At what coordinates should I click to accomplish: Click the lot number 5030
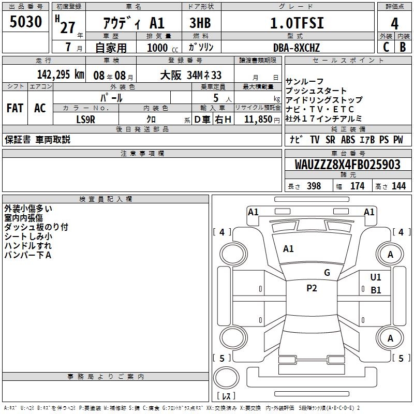click(x=26, y=22)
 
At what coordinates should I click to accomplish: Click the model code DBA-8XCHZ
click(x=297, y=48)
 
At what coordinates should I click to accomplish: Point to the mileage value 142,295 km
click(x=60, y=75)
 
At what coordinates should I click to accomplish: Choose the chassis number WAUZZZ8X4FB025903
click(x=348, y=165)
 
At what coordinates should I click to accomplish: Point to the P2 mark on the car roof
click(x=312, y=288)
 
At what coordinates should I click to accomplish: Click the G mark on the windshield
click(x=327, y=273)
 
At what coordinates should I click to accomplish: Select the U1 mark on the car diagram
click(x=376, y=277)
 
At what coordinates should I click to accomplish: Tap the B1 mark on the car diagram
click(x=376, y=290)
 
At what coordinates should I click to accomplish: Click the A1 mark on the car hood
click(x=288, y=249)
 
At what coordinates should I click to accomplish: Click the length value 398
click(x=314, y=186)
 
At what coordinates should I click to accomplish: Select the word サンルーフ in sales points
click(x=304, y=81)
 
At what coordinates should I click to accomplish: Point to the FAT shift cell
click(x=14, y=108)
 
